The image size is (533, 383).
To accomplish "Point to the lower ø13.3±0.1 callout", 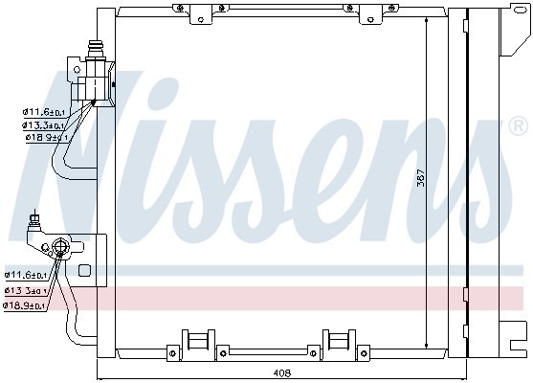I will click(x=26, y=290).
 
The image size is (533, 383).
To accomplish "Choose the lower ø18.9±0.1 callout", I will click(x=26, y=305).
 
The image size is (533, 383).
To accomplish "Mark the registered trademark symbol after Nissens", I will click(x=518, y=125).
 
